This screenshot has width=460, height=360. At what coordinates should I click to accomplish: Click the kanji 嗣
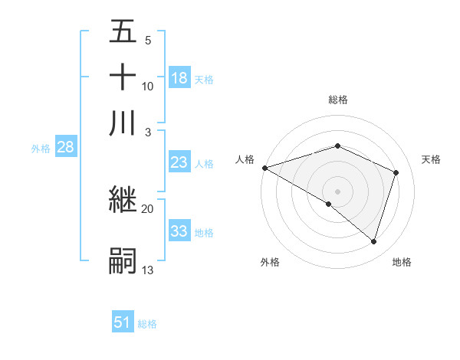pyautogui.click(x=123, y=260)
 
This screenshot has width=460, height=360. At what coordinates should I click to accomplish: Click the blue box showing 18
pyautogui.click(x=179, y=78)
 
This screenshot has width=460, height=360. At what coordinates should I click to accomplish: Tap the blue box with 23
pyautogui.click(x=179, y=162)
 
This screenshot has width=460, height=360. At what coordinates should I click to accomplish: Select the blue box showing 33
pyautogui.click(x=179, y=231)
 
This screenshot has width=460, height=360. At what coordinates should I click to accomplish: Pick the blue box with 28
pyautogui.click(x=65, y=148)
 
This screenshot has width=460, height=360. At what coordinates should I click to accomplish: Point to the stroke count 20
pyautogui.click(x=148, y=208)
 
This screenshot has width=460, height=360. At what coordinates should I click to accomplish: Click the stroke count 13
pyautogui.click(x=148, y=270)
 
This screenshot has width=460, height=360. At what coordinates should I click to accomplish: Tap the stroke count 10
pyautogui.click(x=148, y=86)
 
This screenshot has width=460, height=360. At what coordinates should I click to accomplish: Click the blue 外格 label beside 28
pyautogui.click(x=41, y=149)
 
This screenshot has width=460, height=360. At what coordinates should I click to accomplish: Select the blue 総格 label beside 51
pyautogui.click(x=147, y=323)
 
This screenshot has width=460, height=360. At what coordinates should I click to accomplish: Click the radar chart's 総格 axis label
pyautogui.click(x=337, y=100)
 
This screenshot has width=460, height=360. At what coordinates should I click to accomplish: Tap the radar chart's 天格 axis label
pyautogui.click(x=431, y=159)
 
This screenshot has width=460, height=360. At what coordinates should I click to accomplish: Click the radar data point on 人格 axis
pyautogui.click(x=264, y=168)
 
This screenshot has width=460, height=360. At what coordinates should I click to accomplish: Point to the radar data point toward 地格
pyautogui.click(x=373, y=241)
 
